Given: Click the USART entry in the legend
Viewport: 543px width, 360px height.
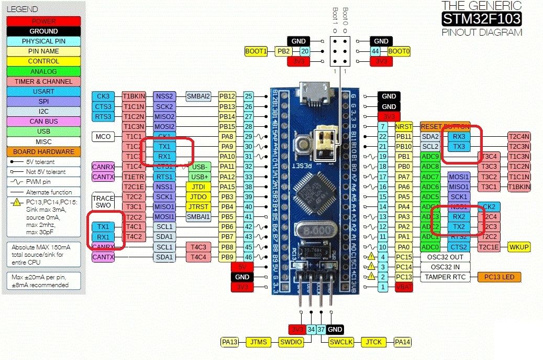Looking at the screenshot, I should coord(43,92).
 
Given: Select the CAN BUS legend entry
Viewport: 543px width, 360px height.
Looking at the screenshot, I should coord(43,122).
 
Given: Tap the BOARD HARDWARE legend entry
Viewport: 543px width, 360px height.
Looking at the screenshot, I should coord(43,151).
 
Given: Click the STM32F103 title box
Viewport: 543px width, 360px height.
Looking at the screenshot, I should coord(481,19).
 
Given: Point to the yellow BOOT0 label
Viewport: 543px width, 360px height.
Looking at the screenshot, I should coord(398,51).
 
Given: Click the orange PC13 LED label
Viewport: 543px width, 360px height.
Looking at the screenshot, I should coord(499,277).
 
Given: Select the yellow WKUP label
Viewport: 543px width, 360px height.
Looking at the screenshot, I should coord(519,247).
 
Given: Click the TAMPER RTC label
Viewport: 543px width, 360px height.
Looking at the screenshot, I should coord(445,277).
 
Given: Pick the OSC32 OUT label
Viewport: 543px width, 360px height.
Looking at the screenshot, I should coord(445,257).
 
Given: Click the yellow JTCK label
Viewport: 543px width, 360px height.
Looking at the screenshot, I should coord(374,342).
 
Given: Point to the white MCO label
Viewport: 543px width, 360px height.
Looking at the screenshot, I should coord(103,136).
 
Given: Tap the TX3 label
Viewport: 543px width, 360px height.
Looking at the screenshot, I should coord(459,146).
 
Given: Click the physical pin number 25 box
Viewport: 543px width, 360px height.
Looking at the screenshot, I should coord(248,96).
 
